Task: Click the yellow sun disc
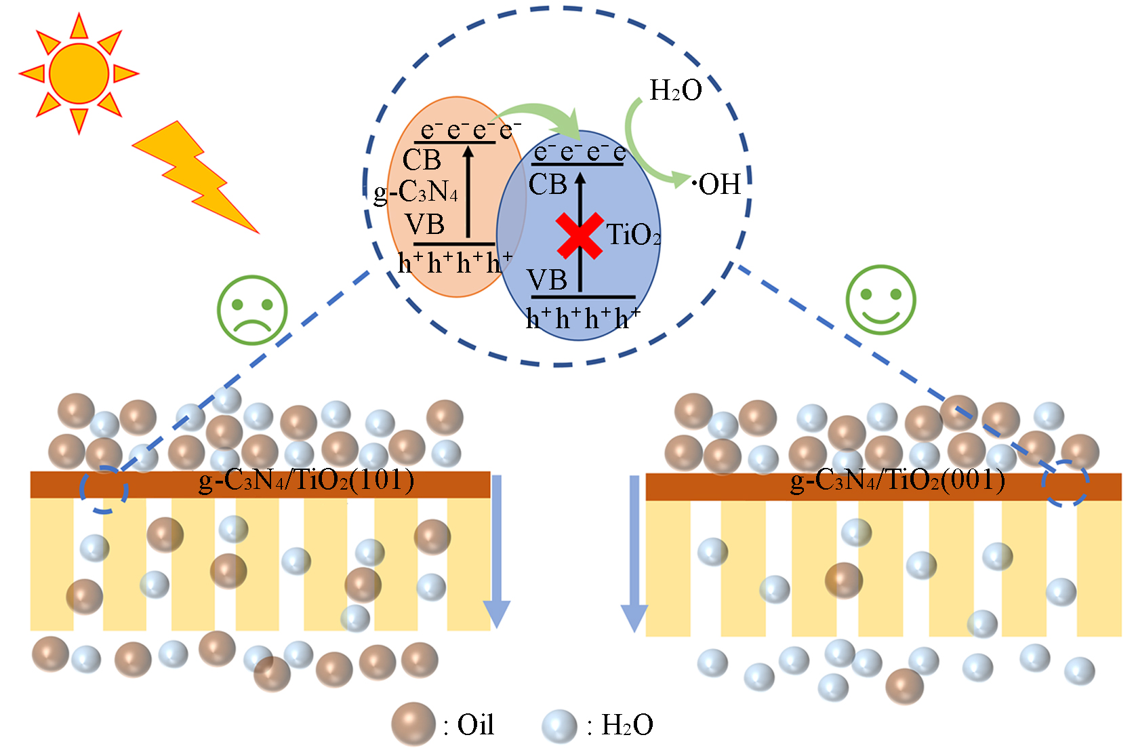pyautogui.click(x=79, y=73)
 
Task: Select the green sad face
pyautogui.click(x=252, y=310)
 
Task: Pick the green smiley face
pyautogui.click(x=880, y=300)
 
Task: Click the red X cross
pyautogui.click(x=580, y=236)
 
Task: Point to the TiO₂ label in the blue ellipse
pyautogui.click(x=632, y=235)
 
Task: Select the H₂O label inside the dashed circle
pyautogui.click(x=675, y=90)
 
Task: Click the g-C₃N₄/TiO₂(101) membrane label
pyautogui.click(x=306, y=480)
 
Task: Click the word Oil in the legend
pyautogui.click(x=475, y=725)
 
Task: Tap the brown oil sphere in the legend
pyautogui.click(x=413, y=724)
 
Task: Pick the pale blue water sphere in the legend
pyautogui.click(x=559, y=726)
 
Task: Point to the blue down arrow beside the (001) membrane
pyautogui.click(x=634, y=553)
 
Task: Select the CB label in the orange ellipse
pyautogui.click(x=422, y=161)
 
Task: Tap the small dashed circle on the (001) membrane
pyautogui.click(x=1065, y=483)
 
